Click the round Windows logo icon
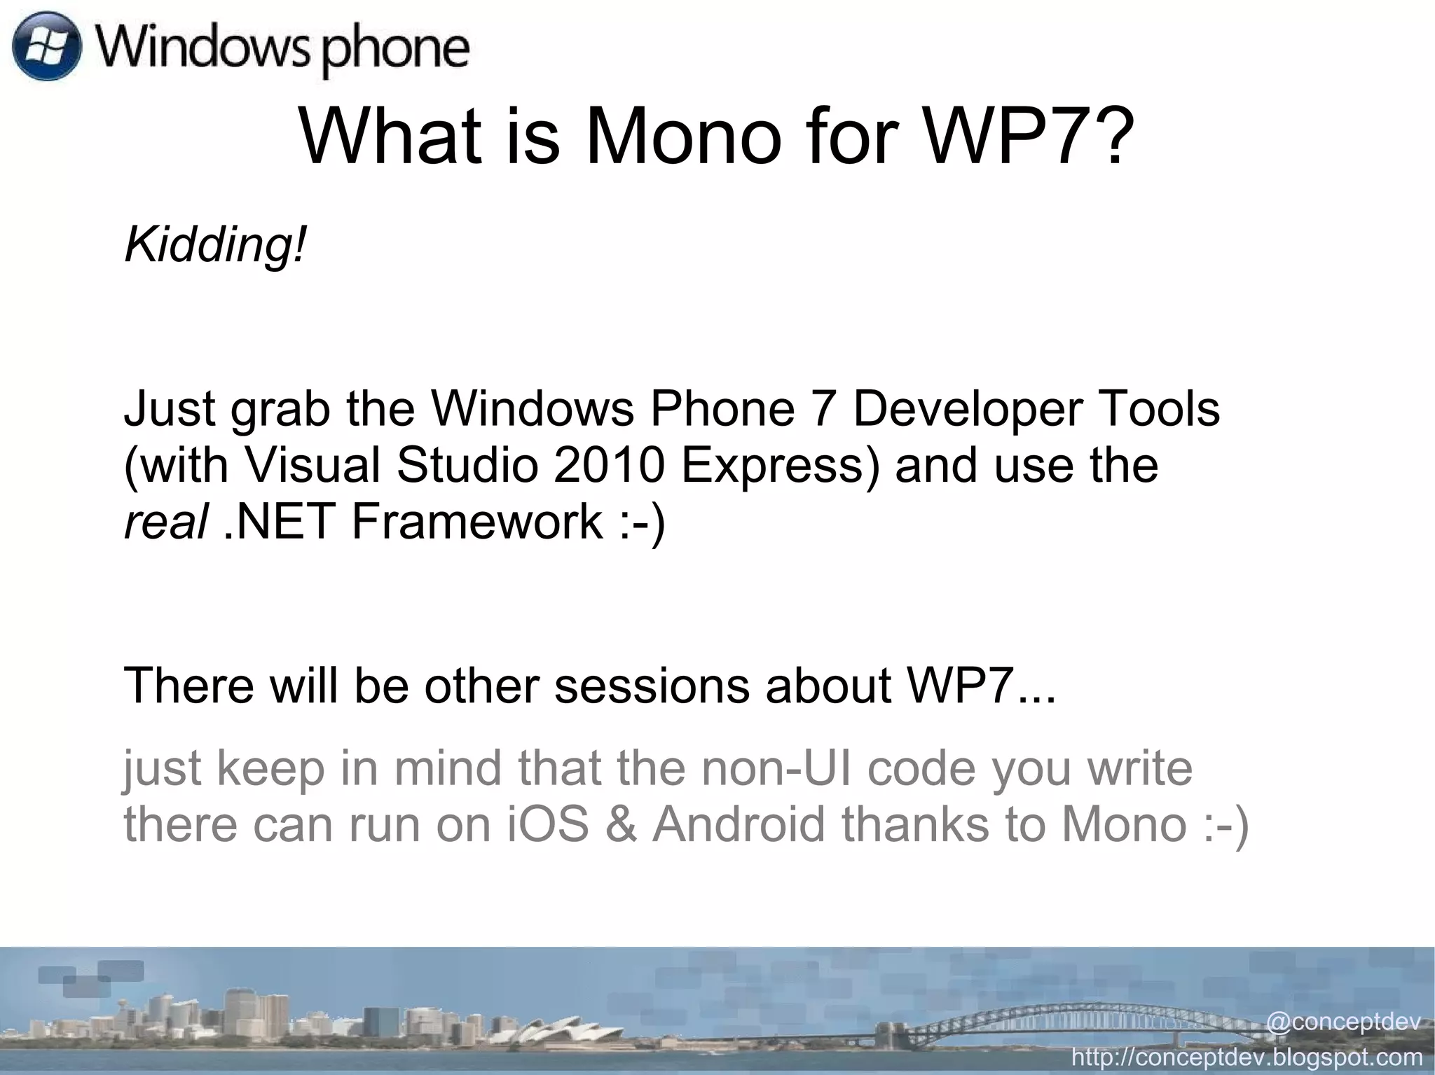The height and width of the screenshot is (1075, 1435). pos(47,48)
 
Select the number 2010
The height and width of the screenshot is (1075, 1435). pos(608,465)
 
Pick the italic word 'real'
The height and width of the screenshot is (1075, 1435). pos(165,521)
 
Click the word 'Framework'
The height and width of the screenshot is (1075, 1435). pos(476,521)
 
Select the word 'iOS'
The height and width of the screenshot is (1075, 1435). pos(547,824)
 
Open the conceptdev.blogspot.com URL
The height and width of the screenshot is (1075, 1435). pos(1247,1056)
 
